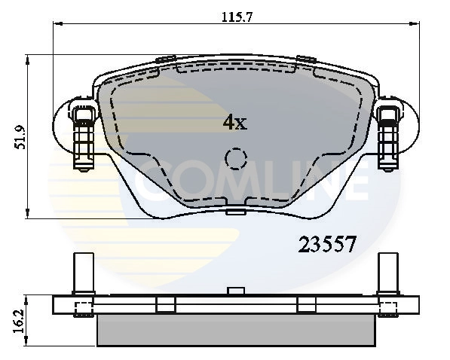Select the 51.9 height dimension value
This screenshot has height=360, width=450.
pyautogui.click(x=20, y=136)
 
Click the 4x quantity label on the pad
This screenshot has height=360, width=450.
pyautogui.click(x=234, y=122)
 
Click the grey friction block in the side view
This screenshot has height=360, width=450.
pyautogui.click(x=235, y=328)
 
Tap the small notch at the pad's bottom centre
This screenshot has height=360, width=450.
pyautogui.click(x=236, y=213)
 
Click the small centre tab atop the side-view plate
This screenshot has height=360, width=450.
pyautogui.click(x=236, y=291)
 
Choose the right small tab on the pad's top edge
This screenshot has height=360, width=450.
pyautogui.click(x=305, y=58)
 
